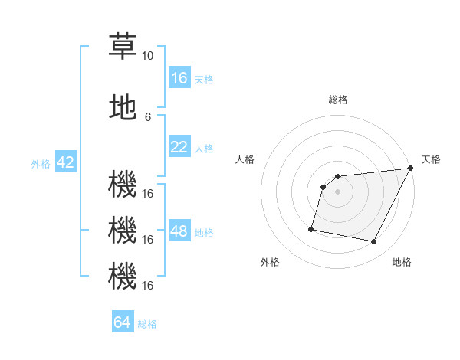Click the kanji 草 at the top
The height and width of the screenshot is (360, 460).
[123, 46]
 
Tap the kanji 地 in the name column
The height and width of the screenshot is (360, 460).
[123, 108]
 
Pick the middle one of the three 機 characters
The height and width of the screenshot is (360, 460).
[123, 230]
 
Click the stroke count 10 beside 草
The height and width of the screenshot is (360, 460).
[147, 56]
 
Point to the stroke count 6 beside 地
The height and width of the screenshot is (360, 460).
[147, 116]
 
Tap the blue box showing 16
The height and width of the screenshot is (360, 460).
[179, 77]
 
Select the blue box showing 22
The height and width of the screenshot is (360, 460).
[179, 147]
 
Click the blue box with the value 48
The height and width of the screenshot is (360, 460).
[179, 231]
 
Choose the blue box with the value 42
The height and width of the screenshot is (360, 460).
[65, 162]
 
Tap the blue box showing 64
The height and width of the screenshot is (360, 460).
[123, 322]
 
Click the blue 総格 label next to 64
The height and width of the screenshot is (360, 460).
[147, 324]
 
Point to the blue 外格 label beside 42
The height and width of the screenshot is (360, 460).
[41, 163]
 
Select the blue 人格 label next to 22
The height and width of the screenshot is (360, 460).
[204, 148]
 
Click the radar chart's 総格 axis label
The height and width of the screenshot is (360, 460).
[337, 100]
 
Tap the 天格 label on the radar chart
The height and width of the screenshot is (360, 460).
[431, 159]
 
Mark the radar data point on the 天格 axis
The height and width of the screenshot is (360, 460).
[411, 169]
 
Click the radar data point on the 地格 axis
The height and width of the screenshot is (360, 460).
[374, 242]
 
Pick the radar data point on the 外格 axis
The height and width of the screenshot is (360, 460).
[311, 228]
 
